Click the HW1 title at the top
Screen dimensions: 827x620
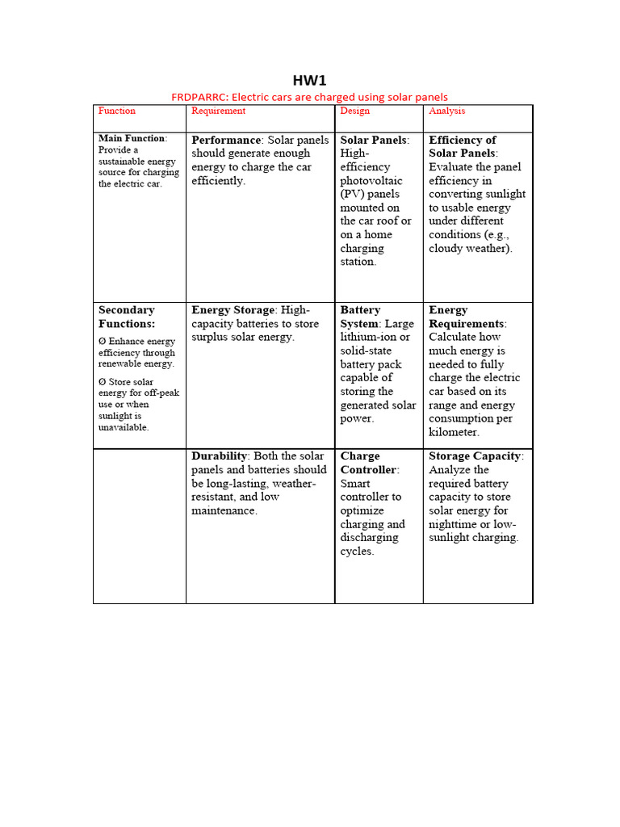click(x=309, y=81)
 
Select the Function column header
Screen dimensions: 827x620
click(x=117, y=111)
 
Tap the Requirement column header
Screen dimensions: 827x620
click(x=219, y=111)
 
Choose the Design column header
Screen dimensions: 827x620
click(x=354, y=111)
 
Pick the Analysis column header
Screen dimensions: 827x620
click(x=447, y=111)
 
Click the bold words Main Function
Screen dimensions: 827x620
click(x=132, y=138)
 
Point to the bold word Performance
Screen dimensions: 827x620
click(x=226, y=140)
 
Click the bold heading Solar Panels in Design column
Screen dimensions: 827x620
click(x=373, y=140)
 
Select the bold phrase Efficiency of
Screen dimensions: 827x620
click(x=463, y=140)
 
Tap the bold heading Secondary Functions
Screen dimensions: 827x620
click(x=127, y=317)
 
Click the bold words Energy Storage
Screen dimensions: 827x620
click(x=232, y=310)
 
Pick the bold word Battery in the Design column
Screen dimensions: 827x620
click(x=360, y=310)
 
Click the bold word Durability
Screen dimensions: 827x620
click(x=219, y=456)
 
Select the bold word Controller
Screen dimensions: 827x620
click(x=368, y=470)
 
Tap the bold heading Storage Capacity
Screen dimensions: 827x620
click(x=475, y=456)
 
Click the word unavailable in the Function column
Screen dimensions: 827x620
click(x=124, y=427)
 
